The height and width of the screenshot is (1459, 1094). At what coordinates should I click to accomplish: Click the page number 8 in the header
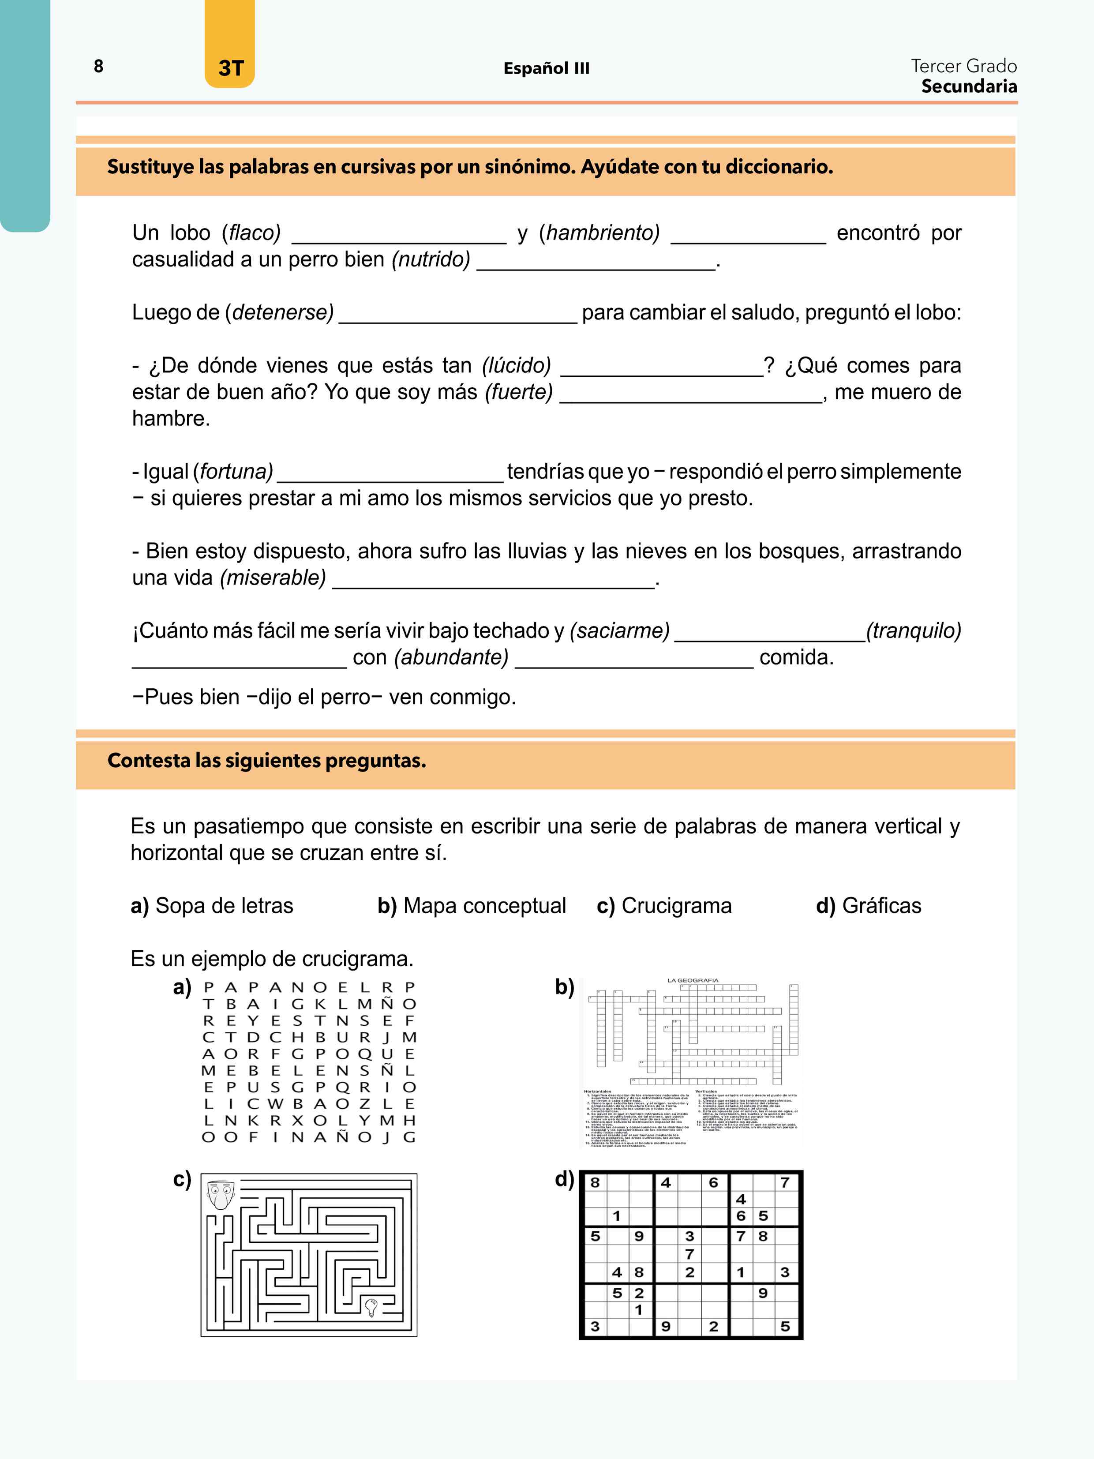coord(98,66)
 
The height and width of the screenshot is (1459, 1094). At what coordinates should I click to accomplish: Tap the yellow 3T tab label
coord(230,68)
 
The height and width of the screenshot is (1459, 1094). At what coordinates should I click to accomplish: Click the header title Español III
coord(546,68)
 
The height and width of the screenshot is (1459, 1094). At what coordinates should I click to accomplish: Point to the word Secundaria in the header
coord(969,86)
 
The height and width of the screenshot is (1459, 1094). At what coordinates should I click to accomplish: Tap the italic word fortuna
coord(236,472)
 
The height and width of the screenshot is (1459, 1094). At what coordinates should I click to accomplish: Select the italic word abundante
coord(452,658)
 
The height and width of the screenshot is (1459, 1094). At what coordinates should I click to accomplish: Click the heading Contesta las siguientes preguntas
coord(266,761)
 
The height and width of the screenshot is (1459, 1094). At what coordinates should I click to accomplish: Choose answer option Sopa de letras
coord(224,906)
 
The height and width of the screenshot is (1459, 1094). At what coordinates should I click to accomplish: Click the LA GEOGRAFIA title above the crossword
coord(693,980)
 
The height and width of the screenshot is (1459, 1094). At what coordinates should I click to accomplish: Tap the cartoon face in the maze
coord(220,1193)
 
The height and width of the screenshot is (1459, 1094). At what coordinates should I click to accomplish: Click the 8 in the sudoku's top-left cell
coord(595,1183)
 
